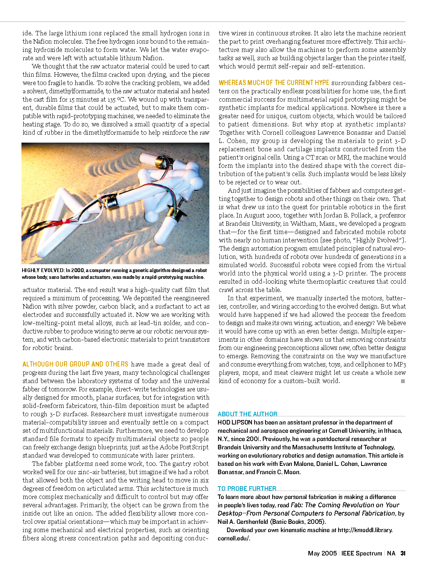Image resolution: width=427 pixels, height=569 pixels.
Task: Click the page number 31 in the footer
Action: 403,553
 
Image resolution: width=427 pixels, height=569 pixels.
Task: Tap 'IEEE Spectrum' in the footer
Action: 361,553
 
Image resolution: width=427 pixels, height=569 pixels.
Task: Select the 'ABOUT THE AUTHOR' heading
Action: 247,414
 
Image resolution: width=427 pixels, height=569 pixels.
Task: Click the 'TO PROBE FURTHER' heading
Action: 247,488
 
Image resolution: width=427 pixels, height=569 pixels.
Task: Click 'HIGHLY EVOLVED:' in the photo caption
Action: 43,270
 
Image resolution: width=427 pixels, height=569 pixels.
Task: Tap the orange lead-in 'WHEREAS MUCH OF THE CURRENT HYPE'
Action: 274,83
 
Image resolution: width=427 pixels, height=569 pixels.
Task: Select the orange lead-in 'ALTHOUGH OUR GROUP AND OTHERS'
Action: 75,364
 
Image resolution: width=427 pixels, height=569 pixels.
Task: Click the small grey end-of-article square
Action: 403,381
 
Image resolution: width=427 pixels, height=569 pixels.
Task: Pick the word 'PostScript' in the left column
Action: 194,447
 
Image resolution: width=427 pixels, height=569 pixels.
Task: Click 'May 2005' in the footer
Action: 322,553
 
